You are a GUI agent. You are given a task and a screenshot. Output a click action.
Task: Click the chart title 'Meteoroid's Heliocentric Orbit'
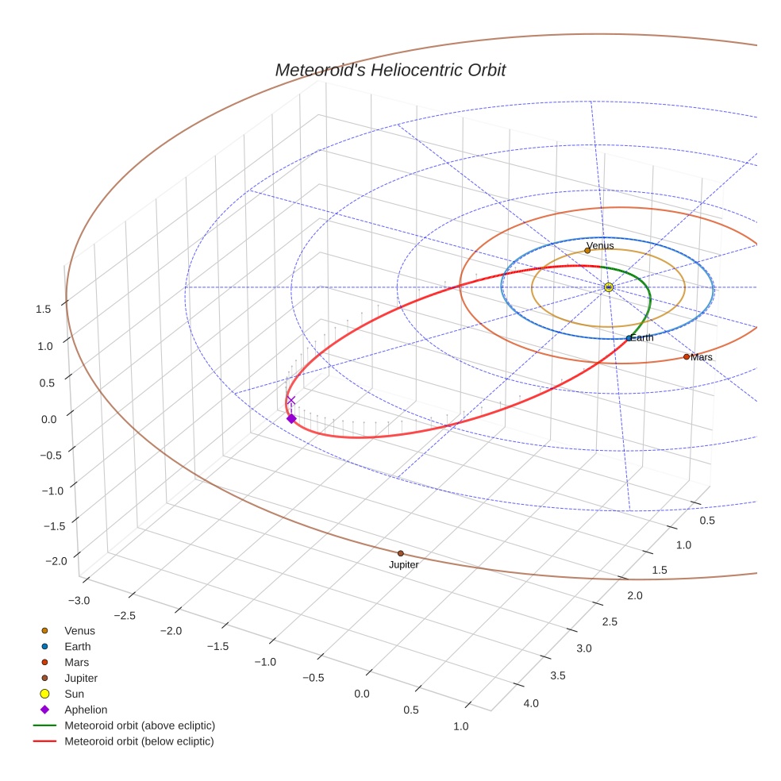pos(390,70)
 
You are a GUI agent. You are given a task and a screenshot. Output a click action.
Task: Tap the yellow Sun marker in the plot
pos(608,287)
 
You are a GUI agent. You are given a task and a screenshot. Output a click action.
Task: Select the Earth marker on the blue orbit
pos(629,338)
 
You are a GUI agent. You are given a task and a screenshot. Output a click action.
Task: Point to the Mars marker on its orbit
pos(687,356)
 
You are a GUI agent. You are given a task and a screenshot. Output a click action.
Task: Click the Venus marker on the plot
pos(587,250)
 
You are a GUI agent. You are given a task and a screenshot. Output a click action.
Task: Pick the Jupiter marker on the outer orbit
pos(400,553)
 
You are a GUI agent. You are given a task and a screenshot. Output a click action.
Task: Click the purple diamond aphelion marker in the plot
pos(291,418)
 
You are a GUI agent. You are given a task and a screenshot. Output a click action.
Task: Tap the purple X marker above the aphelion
pos(291,401)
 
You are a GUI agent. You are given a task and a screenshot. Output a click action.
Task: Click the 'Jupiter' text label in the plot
pos(403,565)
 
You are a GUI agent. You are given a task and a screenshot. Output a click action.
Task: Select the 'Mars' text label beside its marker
pos(702,357)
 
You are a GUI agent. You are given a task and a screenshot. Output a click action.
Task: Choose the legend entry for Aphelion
pos(86,710)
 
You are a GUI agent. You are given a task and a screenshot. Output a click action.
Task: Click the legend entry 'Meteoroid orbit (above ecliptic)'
pos(140,725)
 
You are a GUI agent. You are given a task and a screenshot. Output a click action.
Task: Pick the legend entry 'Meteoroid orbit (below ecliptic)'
pos(140,741)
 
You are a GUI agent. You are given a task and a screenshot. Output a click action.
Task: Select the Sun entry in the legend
pos(75,694)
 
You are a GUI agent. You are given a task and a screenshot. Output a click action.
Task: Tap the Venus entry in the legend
pos(79,630)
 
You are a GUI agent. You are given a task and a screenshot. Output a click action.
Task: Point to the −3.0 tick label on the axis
pos(79,599)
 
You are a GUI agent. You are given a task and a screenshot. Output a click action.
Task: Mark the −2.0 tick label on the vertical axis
pos(56,560)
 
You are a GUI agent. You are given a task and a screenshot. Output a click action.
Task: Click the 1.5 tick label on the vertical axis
pos(44,309)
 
